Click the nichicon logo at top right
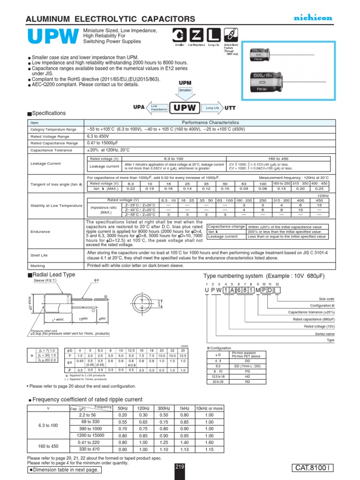(313, 17)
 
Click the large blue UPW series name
(52, 37)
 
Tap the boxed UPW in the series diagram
(185, 108)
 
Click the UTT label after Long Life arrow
(230, 108)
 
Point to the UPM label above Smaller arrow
(186, 82)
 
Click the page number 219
(180, 466)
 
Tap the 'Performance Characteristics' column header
(210, 122)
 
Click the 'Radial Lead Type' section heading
(54, 274)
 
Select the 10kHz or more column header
(209, 408)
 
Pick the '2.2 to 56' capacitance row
(88, 415)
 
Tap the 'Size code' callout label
(327, 299)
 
